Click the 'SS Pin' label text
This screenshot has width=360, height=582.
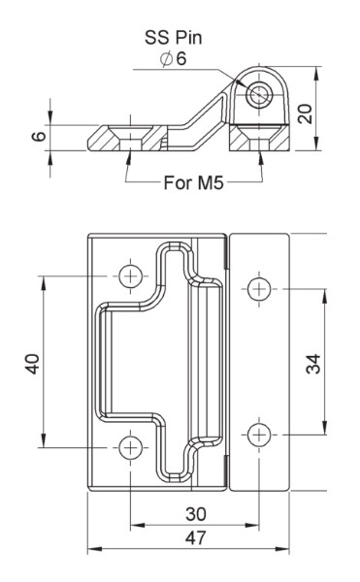pyautogui.click(x=174, y=38)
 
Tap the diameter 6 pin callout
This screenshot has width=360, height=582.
pyautogui.click(x=174, y=58)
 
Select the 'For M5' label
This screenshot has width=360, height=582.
pyautogui.click(x=194, y=182)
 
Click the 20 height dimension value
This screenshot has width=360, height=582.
pyautogui.click(x=306, y=113)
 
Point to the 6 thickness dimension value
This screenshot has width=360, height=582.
pyautogui.click(x=39, y=136)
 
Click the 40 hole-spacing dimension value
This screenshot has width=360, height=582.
pyautogui.click(x=33, y=364)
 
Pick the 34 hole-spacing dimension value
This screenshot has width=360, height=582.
pyautogui.click(x=313, y=364)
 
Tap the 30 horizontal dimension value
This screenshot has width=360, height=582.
pyautogui.click(x=196, y=514)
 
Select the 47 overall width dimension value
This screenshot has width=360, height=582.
pyautogui.click(x=196, y=537)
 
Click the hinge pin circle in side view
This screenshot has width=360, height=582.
pyautogui.click(x=259, y=94)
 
